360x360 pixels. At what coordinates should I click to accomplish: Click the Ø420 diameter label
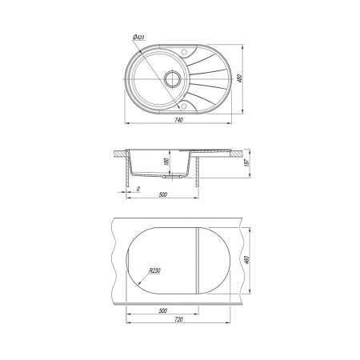coord(138,38)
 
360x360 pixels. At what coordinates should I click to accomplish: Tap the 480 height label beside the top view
coord(239,78)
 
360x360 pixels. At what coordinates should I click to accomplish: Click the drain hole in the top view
coord(173,78)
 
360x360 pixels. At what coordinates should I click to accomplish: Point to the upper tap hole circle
coord(184,52)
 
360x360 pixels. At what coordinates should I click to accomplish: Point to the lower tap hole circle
coord(183,106)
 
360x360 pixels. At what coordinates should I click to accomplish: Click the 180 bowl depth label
coord(166,162)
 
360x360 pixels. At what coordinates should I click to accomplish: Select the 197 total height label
coord(247,163)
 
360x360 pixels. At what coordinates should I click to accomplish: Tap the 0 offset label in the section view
coord(138,189)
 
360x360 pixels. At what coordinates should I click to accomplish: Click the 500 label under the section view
coord(162,194)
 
